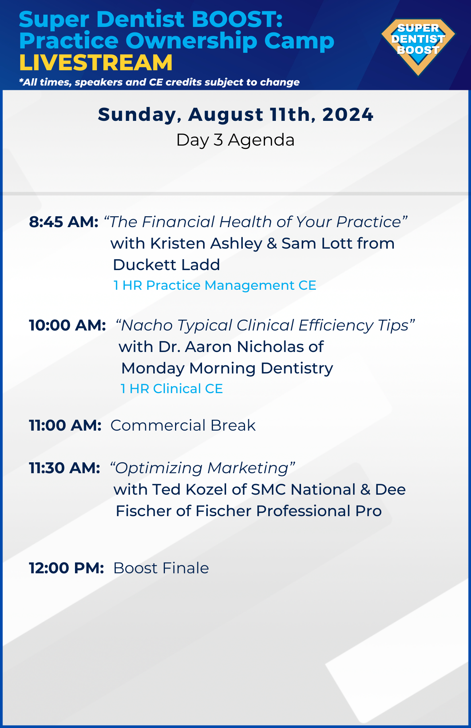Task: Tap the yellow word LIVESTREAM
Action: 96,63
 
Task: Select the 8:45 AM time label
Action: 64,222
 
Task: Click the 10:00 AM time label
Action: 67,325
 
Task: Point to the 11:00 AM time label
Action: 65,426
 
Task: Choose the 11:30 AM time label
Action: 64,468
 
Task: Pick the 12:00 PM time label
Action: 67,568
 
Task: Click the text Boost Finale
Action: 161,568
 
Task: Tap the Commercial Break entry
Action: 183,426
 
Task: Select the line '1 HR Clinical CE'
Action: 172,389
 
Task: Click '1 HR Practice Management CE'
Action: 215,285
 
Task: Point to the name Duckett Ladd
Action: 167,265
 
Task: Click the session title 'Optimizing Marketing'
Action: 203,468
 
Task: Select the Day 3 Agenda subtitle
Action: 235,140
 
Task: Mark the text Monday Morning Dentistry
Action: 227,368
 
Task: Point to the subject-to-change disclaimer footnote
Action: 159,82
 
